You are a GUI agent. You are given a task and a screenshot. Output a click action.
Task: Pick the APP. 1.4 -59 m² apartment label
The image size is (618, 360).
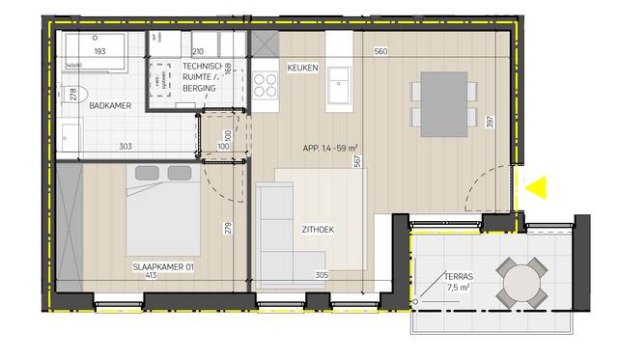pos(328,149)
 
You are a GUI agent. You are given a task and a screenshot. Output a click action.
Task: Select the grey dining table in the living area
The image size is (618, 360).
pos(444,101)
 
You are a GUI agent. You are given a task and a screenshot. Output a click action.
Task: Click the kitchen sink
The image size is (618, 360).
pos(341,85)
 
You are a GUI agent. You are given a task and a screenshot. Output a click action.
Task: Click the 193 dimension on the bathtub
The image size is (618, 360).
pos(99,50)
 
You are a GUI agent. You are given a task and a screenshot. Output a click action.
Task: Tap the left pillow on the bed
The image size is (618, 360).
pos(147,173)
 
